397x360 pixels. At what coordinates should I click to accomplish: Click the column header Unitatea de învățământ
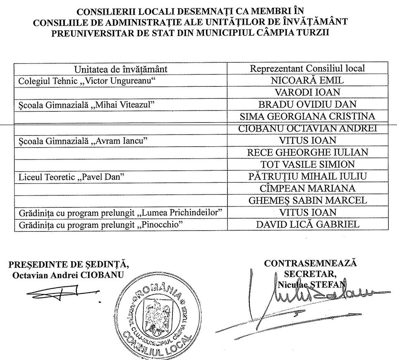[x=121, y=69]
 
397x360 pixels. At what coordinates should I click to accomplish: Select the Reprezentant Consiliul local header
[x=307, y=69]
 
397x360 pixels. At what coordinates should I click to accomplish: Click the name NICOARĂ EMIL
[x=307, y=81]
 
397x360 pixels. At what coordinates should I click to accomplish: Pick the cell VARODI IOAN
[x=307, y=93]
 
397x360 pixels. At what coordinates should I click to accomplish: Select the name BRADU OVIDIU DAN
[x=307, y=105]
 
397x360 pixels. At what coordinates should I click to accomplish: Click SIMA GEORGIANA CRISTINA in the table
[x=307, y=117]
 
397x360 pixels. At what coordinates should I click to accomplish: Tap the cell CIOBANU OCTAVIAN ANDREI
[x=307, y=129]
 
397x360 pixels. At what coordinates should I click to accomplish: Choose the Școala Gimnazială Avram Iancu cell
[x=83, y=141]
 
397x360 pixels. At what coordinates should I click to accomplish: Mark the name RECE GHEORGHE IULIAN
[x=307, y=153]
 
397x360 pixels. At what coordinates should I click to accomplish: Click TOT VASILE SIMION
[x=307, y=165]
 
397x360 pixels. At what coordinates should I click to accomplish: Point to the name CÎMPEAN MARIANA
[x=307, y=188]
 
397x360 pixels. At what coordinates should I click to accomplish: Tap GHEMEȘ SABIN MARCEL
[x=307, y=200]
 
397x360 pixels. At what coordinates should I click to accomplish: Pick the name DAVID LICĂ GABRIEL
[x=307, y=224]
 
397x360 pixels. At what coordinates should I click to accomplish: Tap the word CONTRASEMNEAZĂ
[x=310, y=263]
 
